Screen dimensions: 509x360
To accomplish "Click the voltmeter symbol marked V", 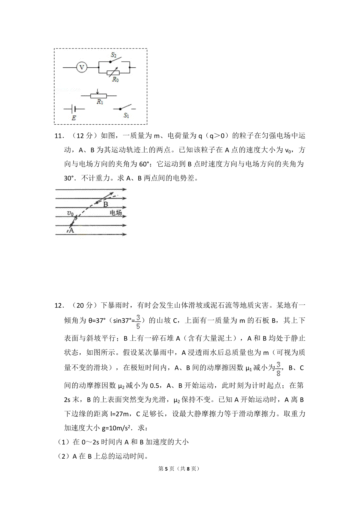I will [81, 67].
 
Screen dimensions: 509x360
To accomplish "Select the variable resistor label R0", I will [115, 80].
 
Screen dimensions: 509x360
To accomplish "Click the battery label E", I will [74, 118].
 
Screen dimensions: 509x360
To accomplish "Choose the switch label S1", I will [126, 115].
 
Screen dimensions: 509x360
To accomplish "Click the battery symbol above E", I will [73, 109].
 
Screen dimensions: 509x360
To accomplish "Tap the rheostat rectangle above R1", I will [98, 96].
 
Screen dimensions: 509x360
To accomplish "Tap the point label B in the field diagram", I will [106, 205].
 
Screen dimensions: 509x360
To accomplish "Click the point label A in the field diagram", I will [71, 230].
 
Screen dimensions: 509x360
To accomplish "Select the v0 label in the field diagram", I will [70, 213].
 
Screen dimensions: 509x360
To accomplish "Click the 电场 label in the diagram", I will [116, 213].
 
